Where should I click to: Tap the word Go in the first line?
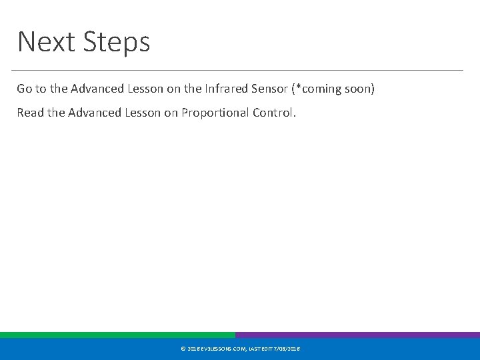point(24,89)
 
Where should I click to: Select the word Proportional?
point(218,113)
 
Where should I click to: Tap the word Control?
point(274,113)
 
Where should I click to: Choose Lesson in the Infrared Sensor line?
point(143,89)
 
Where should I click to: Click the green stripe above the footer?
point(117,335)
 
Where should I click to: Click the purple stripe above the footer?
point(357,335)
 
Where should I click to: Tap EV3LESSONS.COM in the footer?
point(223,349)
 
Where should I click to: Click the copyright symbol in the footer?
point(183,349)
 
